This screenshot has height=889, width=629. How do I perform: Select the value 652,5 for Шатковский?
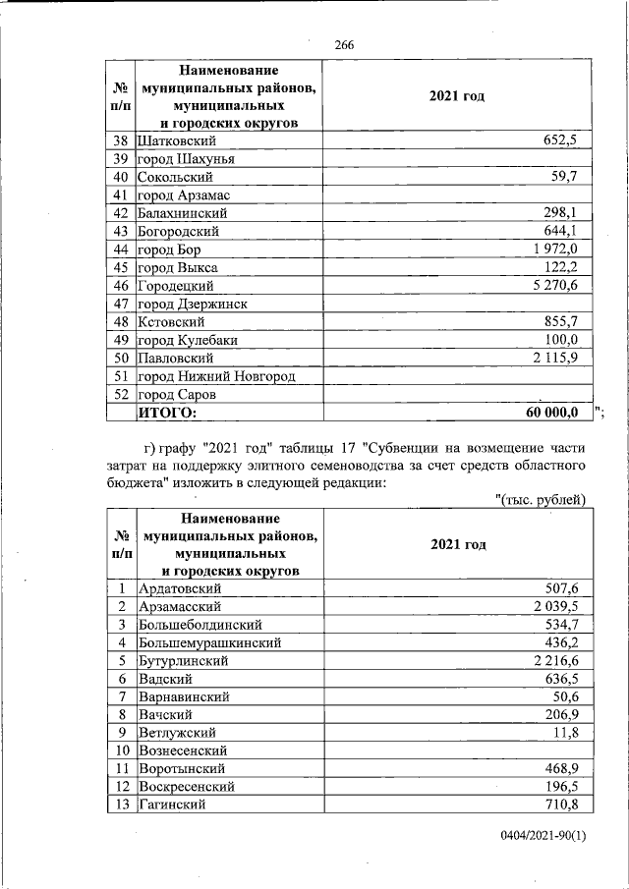pyautogui.click(x=560, y=140)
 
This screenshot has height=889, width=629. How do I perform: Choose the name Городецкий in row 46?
pyautogui.click(x=176, y=286)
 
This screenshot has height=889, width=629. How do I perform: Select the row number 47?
pyautogui.click(x=122, y=305)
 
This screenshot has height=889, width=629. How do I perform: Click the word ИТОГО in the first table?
pyautogui.click(x=167, y=413)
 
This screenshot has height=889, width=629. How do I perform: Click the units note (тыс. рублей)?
pyautogui.click(x=540, y=500)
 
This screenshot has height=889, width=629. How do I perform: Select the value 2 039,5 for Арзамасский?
pyautogui.click(x=554, y=606)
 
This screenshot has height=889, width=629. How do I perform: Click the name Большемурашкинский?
pyautogui.click(x=210, y=642)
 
